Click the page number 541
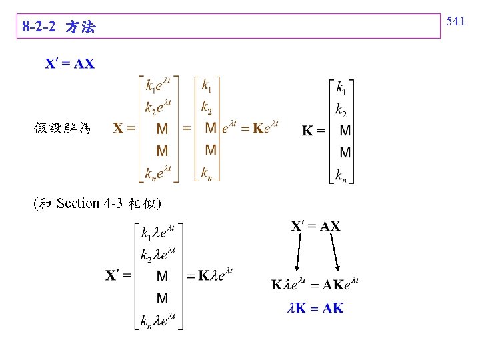[x=455, y=21]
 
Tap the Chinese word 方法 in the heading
[x=81, y=27]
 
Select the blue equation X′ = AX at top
[x=70, y=64]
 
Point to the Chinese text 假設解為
[x=62, y=127]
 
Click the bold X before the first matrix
[x=118, y=127]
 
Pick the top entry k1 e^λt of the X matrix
[x=159, y=85]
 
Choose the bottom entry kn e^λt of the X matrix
[x=159, y=174]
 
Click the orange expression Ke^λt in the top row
[x=265, y=127]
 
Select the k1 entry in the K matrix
[x=341, y=88]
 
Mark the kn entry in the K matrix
[x=341, y=175]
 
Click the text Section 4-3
[x=86, y=203]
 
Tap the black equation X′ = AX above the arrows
[x=316, y=226]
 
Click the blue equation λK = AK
[x=315, y=308]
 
